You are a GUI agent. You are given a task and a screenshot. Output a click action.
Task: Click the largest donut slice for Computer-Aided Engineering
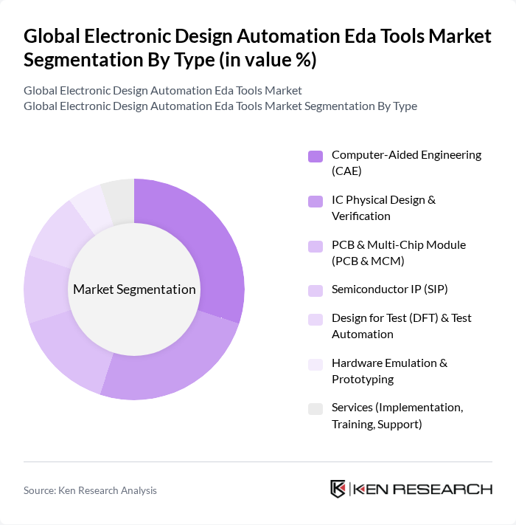click(210, 244)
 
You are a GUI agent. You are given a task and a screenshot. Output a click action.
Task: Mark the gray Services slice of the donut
click(119, 197)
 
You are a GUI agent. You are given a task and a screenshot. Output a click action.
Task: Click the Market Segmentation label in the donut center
click(134, 289)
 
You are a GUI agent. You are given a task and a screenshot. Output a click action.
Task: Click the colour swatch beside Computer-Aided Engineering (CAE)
click(315, 156)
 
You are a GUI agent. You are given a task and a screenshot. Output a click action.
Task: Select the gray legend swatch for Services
click(315, 408)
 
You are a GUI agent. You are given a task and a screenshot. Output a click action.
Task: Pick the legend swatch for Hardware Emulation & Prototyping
click(315, 364)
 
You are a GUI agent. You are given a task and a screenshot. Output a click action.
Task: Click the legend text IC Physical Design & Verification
click(383, 207)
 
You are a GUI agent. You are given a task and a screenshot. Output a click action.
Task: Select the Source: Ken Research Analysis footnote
click(90, 490)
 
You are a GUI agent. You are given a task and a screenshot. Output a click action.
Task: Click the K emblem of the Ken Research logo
click(338, 489)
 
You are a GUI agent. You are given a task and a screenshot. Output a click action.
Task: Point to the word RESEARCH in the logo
click(449, 489)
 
